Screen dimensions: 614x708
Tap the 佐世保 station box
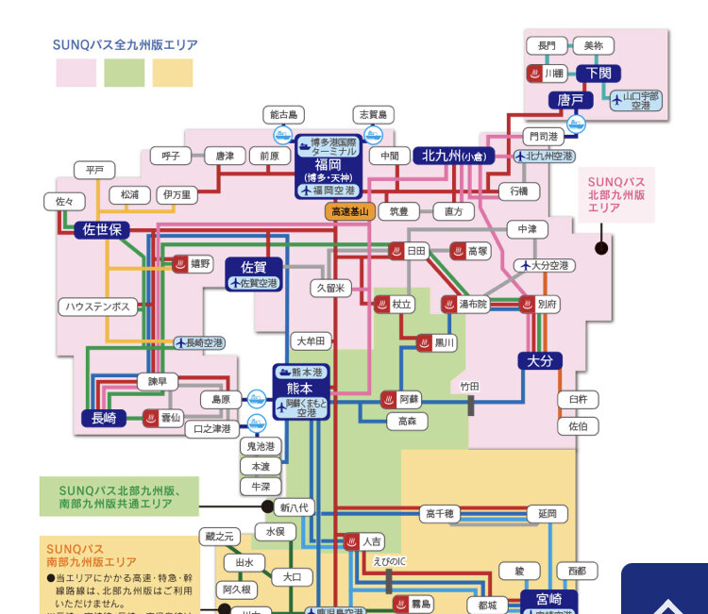(101, 229)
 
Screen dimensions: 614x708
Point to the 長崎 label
(104, 418)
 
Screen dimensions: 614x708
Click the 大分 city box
(540, 360)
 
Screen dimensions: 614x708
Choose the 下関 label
(598, 73)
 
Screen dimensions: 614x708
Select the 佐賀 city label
(254, 267)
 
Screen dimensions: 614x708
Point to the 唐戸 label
(570, 99)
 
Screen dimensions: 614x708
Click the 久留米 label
(330, 288)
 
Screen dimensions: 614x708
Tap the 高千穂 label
(441, 514)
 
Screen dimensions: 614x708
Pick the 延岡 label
(548, 514)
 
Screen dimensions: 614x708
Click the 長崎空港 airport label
(200, 342)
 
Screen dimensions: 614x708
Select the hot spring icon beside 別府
(527, 304)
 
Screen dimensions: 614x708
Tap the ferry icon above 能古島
(282, 135)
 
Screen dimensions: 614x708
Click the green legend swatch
(124, 73)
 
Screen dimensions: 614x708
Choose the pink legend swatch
(76, 73)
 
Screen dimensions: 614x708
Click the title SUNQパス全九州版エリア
(126, 44)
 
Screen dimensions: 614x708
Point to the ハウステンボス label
(98, 307)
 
